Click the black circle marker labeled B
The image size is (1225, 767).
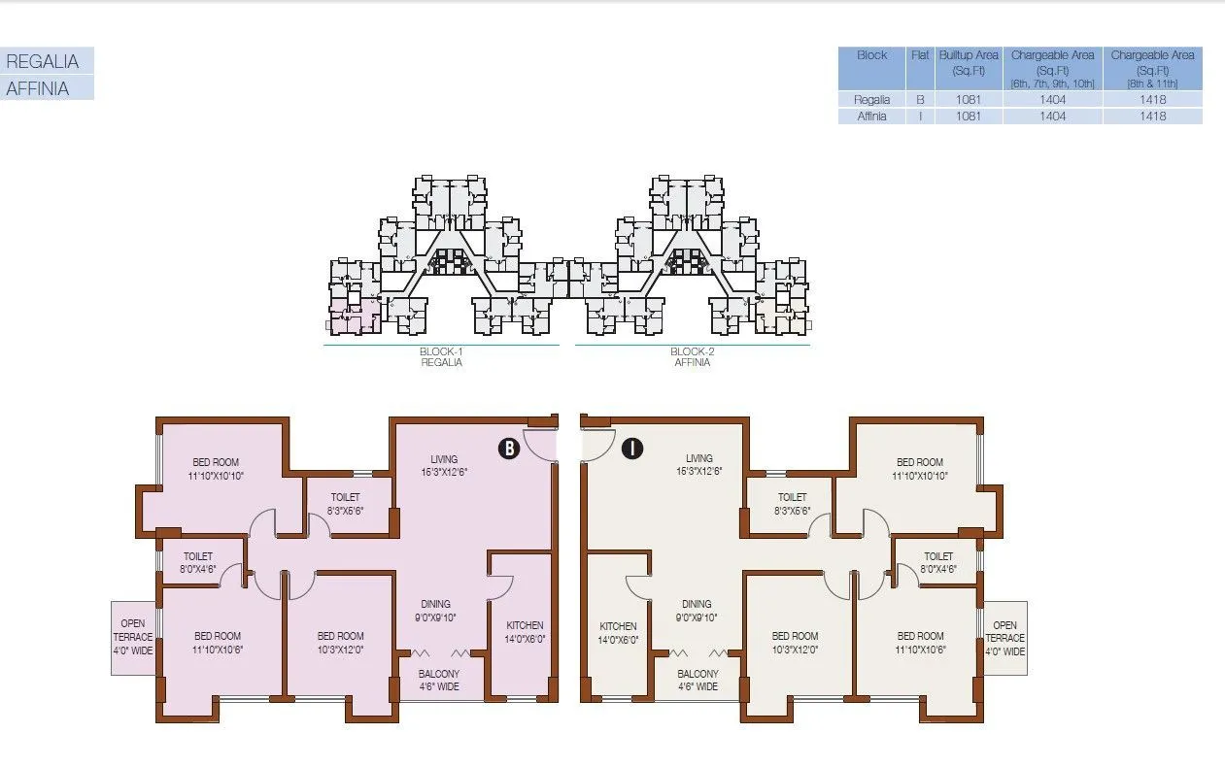(507, 448)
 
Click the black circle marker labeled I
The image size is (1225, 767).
(632, 448)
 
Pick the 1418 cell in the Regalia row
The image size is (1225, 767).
(1152, 99)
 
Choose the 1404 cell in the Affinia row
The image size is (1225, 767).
(1052, 117)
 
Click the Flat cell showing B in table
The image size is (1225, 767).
(920, 99)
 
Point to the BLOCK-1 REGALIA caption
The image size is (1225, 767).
(441, 356)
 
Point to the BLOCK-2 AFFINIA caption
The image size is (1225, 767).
(692, 356)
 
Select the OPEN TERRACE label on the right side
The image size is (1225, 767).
(1004, 638)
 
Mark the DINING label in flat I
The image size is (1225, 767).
(697, 610)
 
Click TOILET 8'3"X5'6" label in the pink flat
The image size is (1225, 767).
(346, 503)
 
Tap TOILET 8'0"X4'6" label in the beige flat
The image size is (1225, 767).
(937, 563)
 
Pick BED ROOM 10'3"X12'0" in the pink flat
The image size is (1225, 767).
(340, 643)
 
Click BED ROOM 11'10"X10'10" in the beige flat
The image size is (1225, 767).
(919, 469)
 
